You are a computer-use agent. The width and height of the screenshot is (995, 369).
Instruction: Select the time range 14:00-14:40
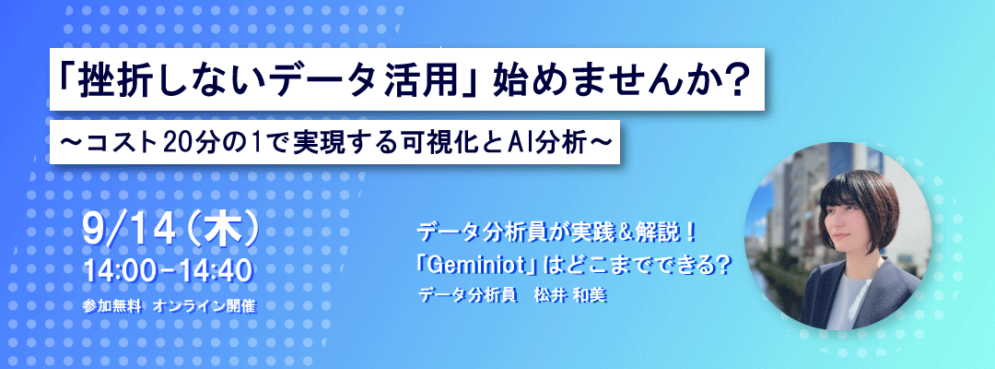tap(169, 271)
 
